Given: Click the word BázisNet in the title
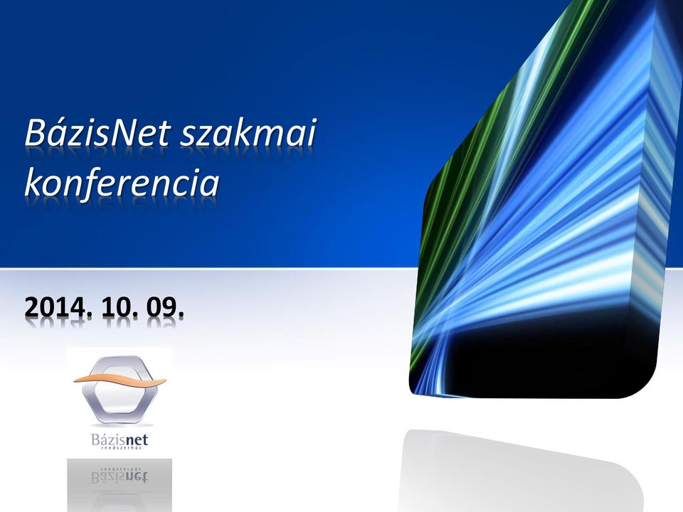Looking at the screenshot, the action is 97,132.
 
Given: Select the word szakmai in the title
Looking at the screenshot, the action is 248,132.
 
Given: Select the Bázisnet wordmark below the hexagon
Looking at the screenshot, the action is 120,439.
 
